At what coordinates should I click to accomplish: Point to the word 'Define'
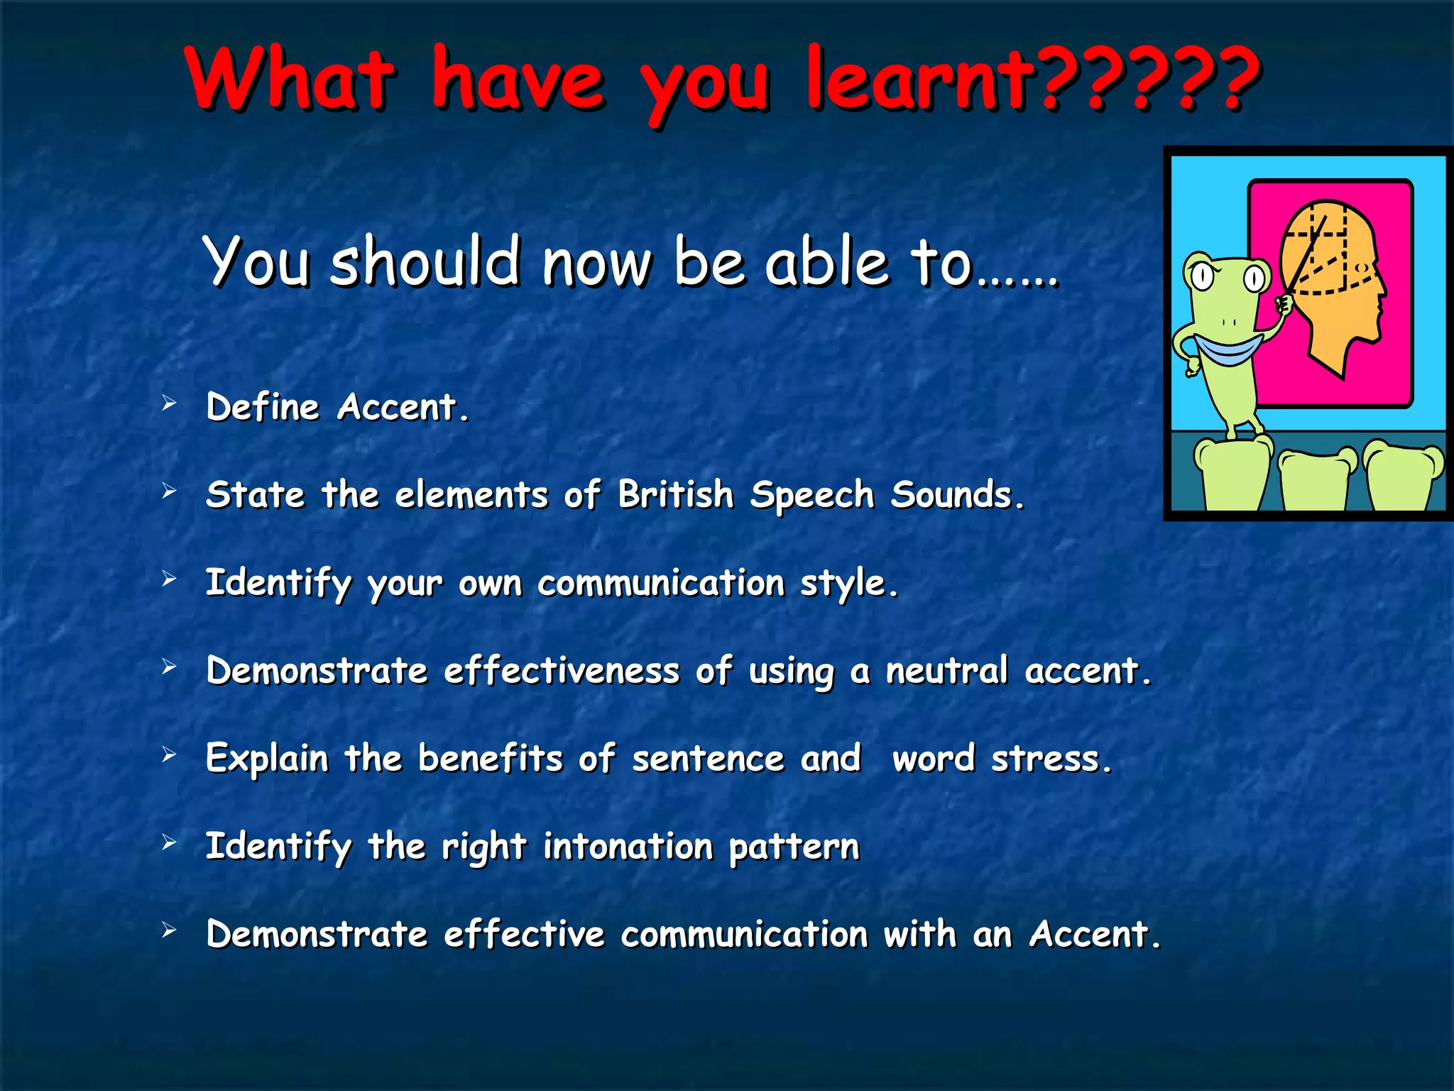click(263, 407)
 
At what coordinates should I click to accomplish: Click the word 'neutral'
click(946, 671)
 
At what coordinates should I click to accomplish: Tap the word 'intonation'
click(628, 846)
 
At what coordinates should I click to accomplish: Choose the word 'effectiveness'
click(562, 671)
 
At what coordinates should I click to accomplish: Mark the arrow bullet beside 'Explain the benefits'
click(169, 754)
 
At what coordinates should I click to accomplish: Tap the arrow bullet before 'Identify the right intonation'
click(169, 842)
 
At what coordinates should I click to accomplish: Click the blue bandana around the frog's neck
click(1228, 349)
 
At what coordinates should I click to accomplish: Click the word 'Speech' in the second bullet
click(811, 495)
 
